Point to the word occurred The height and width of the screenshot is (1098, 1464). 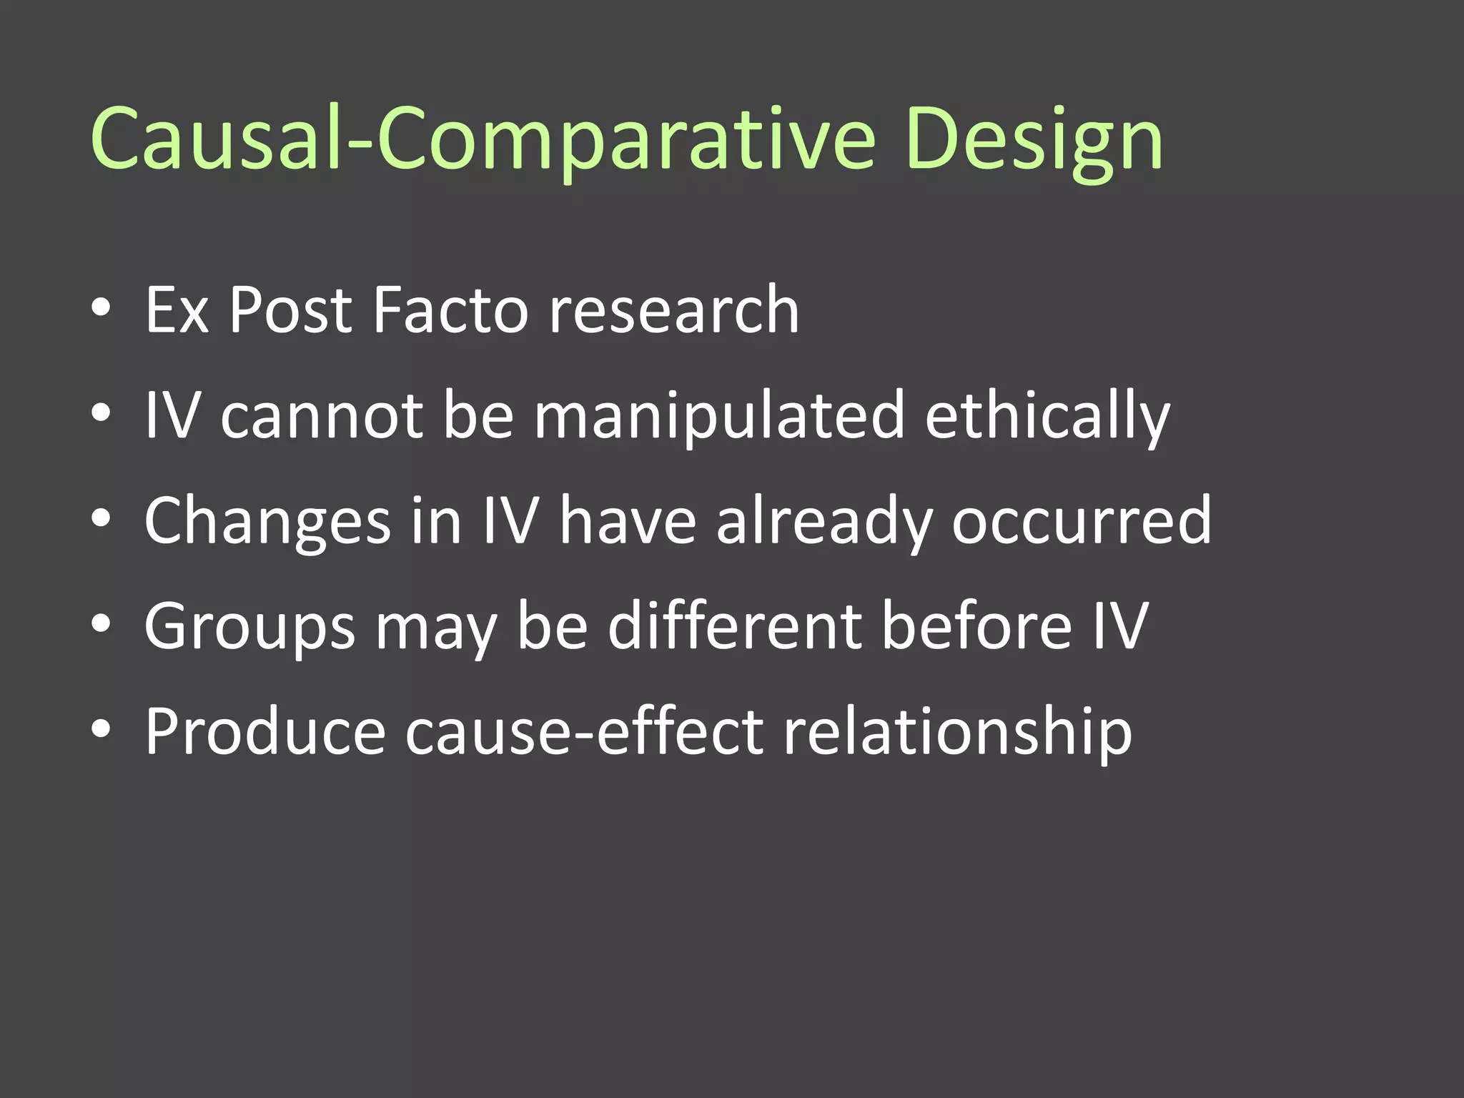pos(1082,521)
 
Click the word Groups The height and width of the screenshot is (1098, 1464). pos(249,627)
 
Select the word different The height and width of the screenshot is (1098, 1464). pos(735,627)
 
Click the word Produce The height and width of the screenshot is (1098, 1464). pos(265,732)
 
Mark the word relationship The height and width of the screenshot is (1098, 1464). pos(957,732)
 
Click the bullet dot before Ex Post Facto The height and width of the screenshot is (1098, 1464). pos(102,308)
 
